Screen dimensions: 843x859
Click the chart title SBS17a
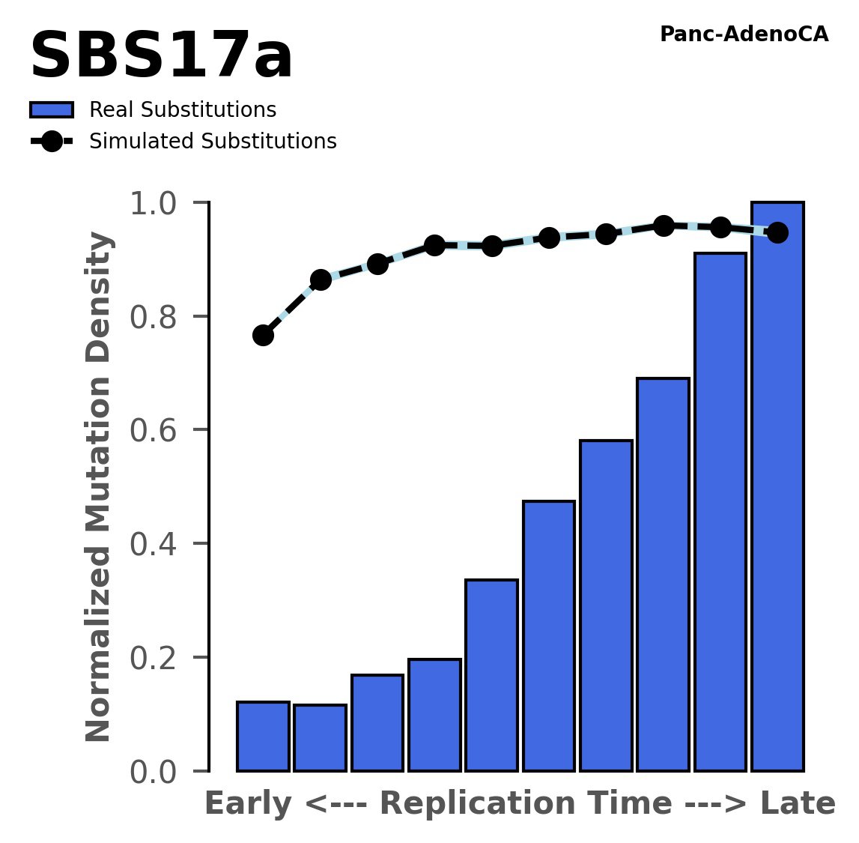coord(161,58)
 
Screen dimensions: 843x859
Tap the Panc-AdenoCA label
coord(744,34)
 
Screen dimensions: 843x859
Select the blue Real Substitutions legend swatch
coord(51,110)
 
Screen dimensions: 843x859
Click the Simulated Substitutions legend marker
coord(51,142)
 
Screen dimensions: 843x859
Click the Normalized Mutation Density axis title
coord(99,487)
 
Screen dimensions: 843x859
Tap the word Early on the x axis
coord(248,804)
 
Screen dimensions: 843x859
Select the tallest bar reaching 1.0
coord(777,487)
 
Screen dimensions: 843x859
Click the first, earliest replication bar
coord(263,737)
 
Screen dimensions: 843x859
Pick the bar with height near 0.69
coord(663,575)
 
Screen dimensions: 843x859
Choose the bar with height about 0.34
coord(491,675)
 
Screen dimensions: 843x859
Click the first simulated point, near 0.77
coord(263,335)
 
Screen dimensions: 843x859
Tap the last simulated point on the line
coord(777,232)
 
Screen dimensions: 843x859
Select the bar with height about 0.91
coord(720,512)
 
